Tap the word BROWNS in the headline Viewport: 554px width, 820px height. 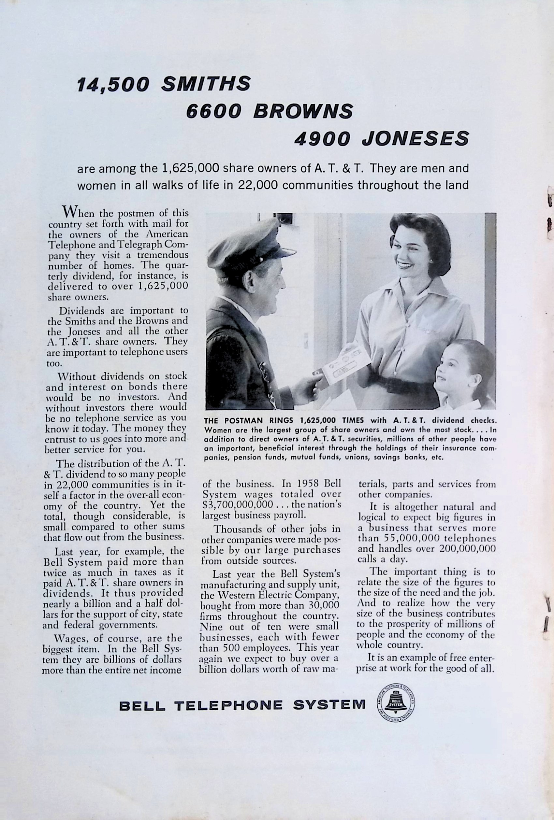coord(303,111)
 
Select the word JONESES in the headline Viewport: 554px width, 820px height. coord(415,139)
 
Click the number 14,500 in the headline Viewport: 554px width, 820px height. coord(113,85)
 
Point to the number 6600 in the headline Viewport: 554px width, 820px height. coord(214,111)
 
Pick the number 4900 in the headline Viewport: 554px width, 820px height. coord(322,139)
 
